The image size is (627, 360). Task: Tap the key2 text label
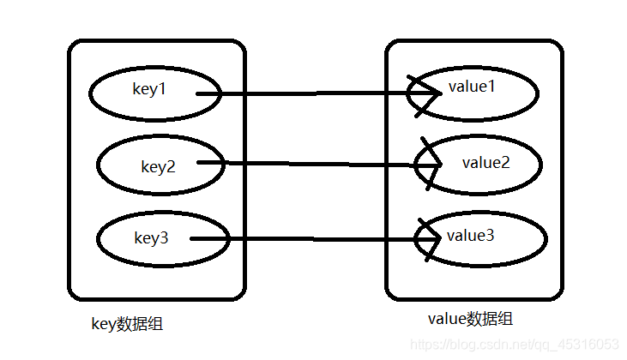(x=158, y=166)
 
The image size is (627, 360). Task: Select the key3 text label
(x=151, y=238)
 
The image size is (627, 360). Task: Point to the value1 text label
(x=472, y=87)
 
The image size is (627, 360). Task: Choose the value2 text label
(x=485, y=162)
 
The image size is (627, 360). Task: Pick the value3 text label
(x=471, y=234)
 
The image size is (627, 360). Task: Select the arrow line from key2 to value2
(x=317, y=163)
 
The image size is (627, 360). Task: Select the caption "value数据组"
(x=469, y=319)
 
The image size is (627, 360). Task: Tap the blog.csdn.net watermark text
(x=515, y=345)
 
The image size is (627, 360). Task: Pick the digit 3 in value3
(x=490, y=234)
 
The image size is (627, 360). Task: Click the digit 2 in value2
(x=504, y=162)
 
